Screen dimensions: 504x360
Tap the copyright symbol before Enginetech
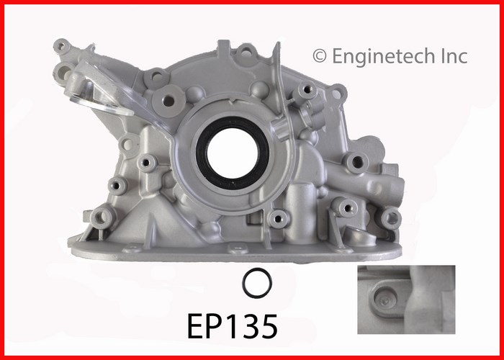320,56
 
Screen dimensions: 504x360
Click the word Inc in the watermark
451,56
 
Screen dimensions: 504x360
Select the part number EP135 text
232,327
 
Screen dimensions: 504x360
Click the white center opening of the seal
233,153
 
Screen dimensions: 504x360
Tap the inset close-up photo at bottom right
406,300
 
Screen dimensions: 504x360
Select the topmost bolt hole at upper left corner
61,46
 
